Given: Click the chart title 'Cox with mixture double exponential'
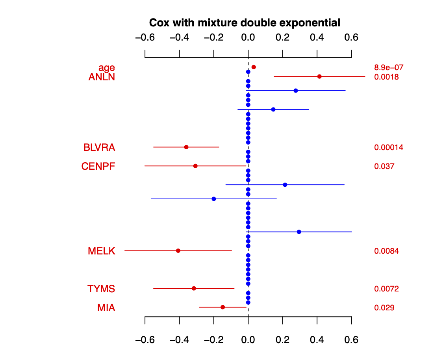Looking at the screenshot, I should pos(244,22).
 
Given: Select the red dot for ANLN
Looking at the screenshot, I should pos(319,76).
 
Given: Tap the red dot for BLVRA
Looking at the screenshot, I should pos(186,147).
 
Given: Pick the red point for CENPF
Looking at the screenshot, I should pos(195,166).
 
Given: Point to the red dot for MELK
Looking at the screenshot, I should pos(178,251).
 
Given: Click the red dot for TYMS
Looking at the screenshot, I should pos(194,288).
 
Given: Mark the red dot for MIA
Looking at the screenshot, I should pos(222,307).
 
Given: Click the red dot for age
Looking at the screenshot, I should pos(254,67).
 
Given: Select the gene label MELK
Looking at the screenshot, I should pos(102,251).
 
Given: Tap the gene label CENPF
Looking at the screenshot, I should pos(98,166).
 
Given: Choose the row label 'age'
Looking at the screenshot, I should pos(107,68).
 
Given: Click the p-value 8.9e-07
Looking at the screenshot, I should pos(389,67).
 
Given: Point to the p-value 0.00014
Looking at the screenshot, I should pos(389,147).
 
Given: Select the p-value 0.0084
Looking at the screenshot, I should pos(386,251).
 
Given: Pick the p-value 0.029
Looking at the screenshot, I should pos(384,308).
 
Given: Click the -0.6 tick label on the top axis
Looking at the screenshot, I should pos(145,38).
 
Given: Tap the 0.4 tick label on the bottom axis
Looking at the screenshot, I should pos(317,340).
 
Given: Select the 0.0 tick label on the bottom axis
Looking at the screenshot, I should pos(248,340).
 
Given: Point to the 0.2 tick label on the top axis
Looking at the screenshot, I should pos(282,38).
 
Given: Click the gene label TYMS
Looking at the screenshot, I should pos(101,289).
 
